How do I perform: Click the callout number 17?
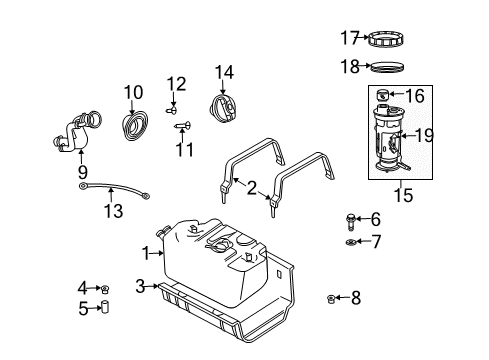348,39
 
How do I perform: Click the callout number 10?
133,92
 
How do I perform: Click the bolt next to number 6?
350,219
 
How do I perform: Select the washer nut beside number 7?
351,242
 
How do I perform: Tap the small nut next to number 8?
331,297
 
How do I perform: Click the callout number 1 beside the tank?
147,254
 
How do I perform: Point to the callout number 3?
141,285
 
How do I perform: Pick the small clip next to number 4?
105,289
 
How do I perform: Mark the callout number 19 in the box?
424,133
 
